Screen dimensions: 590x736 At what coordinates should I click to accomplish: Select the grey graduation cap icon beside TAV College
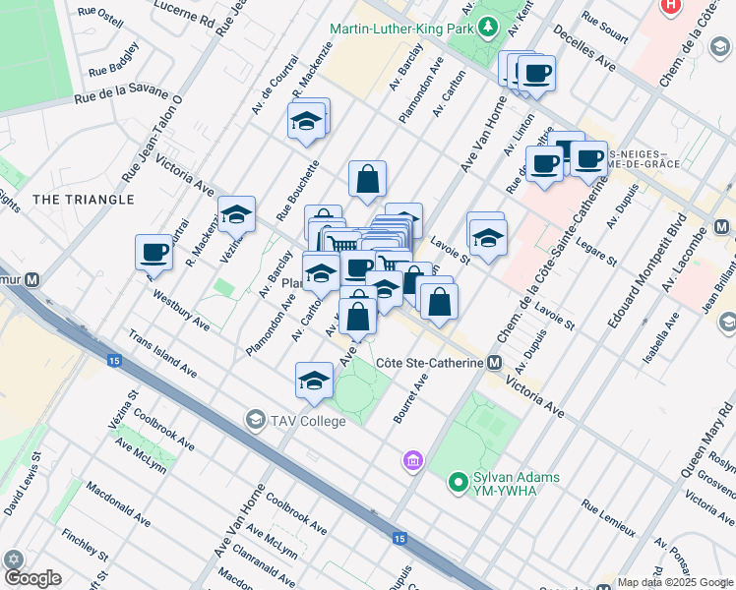point(256,420)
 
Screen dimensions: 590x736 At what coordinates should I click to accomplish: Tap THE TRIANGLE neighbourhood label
point(83,200)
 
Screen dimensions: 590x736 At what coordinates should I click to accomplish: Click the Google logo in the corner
point(32,578)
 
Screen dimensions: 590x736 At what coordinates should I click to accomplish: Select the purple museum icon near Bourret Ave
point(412,460)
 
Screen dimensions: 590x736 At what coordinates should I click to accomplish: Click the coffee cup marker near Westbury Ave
point(153,252)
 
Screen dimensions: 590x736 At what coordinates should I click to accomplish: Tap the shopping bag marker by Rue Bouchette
point(367,180)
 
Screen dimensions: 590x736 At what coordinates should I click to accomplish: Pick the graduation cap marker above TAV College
point(314,381)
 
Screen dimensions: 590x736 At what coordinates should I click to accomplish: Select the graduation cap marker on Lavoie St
point(486,236)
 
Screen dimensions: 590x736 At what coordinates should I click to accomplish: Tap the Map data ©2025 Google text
point(674,582)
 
